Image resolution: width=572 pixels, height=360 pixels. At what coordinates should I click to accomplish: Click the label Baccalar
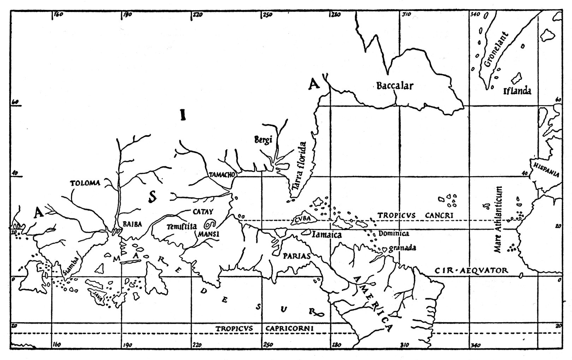point(394,86)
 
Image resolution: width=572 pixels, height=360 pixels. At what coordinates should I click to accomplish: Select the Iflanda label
point(517,91)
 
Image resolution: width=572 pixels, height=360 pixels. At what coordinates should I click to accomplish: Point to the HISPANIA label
point(546,169)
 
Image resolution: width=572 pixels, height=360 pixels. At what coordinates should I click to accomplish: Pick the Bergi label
point(263,140)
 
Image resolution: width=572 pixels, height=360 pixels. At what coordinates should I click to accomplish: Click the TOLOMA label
point(85,183)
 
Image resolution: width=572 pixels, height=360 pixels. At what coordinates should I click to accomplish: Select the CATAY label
point(203,212)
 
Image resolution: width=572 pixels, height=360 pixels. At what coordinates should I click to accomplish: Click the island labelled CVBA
point(302,219)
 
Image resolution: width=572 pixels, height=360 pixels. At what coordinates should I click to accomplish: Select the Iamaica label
point(327,234)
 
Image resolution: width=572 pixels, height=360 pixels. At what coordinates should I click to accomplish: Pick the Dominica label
point(393,234)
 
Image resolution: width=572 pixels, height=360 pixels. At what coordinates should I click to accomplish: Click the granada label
point(402,248)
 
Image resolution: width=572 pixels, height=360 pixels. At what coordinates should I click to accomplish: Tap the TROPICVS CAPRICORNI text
point(265,328)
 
